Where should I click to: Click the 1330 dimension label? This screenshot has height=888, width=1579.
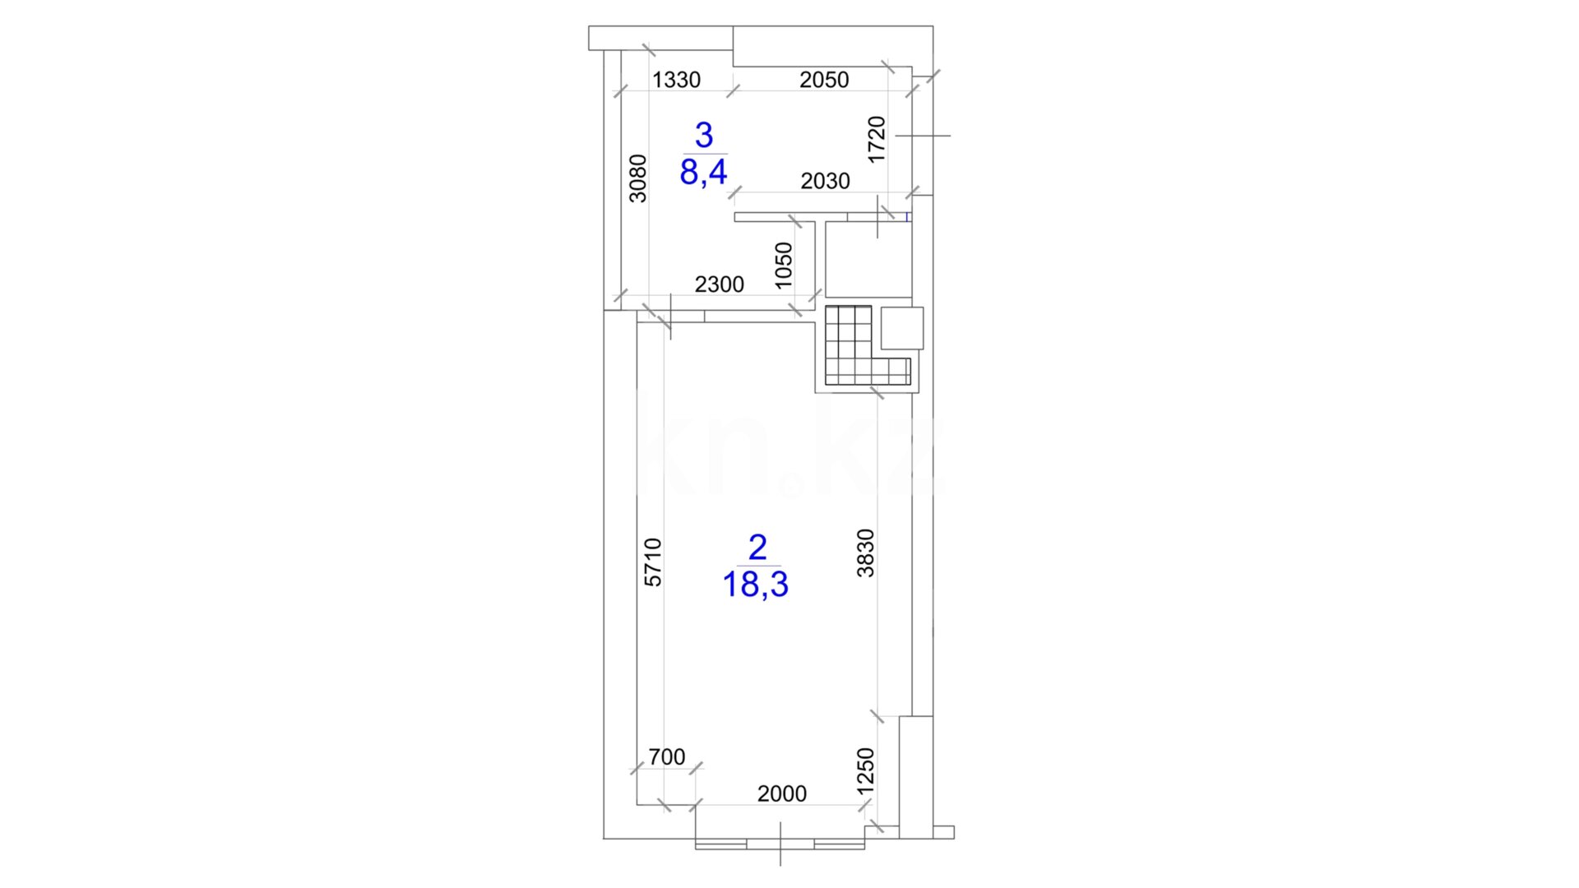676,80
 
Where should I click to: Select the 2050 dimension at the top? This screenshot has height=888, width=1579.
824,80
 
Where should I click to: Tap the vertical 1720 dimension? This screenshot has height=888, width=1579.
877,140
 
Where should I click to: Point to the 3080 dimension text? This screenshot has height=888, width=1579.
638,178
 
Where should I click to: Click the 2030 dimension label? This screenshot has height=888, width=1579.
825,181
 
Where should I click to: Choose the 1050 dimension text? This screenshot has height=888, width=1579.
784,265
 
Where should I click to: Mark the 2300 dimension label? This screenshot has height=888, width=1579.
719,284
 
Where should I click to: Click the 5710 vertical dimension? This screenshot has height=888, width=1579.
652,562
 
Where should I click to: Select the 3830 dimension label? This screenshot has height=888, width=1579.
865,553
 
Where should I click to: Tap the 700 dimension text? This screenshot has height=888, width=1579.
666,757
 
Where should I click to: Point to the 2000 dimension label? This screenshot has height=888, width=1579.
781,794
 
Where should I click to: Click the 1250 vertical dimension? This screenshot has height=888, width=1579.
865,771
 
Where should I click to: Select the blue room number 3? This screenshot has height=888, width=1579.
704,135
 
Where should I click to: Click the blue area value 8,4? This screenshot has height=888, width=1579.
704,173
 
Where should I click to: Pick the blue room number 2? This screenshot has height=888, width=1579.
757,548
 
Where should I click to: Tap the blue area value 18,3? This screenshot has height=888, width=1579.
756,585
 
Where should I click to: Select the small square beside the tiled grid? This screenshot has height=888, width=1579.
902,327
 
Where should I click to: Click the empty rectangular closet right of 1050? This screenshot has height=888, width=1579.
868,260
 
